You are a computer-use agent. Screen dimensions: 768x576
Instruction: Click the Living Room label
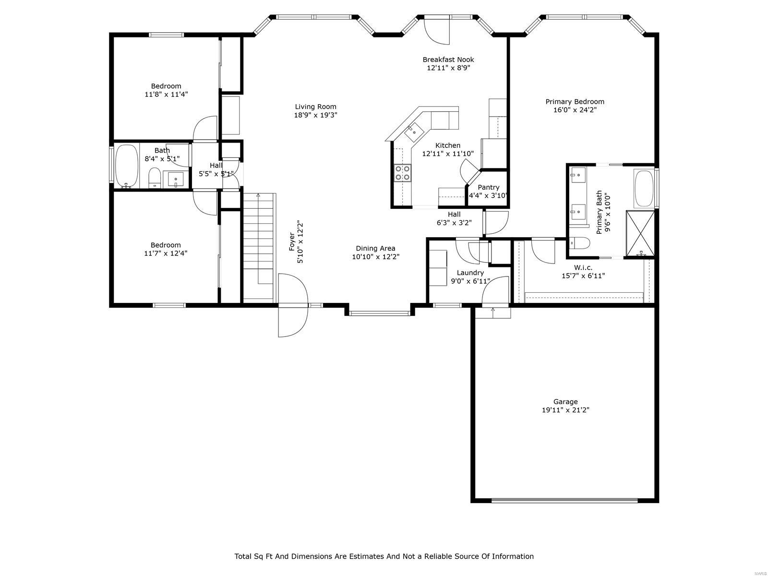coord(315,107)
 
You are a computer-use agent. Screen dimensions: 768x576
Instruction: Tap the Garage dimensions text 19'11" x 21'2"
coord(565,410)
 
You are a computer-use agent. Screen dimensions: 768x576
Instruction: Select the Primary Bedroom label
coord(575,101)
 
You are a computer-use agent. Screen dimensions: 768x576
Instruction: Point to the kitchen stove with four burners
coord(402,173)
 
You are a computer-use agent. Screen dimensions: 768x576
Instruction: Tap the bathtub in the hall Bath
coord(126,166)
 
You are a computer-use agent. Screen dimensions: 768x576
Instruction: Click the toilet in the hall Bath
coord(154,178)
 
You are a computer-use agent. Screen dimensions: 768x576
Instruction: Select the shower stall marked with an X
coord(639,233)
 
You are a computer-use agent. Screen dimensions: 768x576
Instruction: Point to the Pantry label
coord(489,187)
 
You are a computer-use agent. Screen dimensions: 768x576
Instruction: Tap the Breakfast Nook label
coord(448,60)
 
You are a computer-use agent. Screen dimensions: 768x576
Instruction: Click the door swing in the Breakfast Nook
coord(436,32)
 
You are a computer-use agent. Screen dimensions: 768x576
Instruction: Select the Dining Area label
coord(375,248)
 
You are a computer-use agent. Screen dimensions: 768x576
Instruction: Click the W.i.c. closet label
coord(583,267)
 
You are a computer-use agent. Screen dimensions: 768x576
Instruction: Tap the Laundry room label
coord(470,273)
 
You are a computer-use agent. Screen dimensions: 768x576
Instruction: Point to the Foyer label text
coord(291,241)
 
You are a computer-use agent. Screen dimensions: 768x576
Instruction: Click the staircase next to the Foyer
coord(259,248)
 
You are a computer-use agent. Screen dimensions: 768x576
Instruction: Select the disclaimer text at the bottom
coord(384,556)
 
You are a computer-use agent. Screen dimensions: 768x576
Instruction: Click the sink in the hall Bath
coord(176,180)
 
